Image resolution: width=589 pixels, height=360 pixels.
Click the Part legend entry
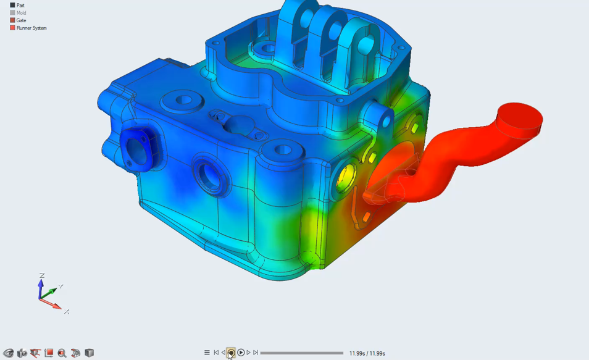pos(20,6)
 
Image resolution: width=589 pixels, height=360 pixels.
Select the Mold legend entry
pos(21,13)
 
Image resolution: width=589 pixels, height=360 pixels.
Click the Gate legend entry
pos(21,20)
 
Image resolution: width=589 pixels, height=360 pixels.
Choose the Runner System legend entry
pos(31,28)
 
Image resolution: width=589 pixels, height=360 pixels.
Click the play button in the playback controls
pos(241,353)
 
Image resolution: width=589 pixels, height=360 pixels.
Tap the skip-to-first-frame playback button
pos(216,353)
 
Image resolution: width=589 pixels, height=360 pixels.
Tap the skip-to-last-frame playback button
pos(256,353)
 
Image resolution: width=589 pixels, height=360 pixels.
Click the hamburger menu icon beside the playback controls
pos(207,353)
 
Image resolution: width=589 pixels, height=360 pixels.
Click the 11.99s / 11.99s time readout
pos(367,353)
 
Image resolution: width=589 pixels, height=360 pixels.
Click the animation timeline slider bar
pos(301,353)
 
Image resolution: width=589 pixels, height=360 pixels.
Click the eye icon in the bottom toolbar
pos(8,353)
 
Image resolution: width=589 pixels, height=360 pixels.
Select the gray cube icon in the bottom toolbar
pos(89,353)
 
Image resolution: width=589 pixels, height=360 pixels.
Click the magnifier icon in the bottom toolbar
pos(62,353)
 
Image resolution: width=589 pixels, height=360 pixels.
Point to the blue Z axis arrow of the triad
pos(41,286)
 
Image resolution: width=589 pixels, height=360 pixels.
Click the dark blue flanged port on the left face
pos(134,150)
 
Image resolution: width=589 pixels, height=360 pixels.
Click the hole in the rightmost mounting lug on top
pos(366,44)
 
